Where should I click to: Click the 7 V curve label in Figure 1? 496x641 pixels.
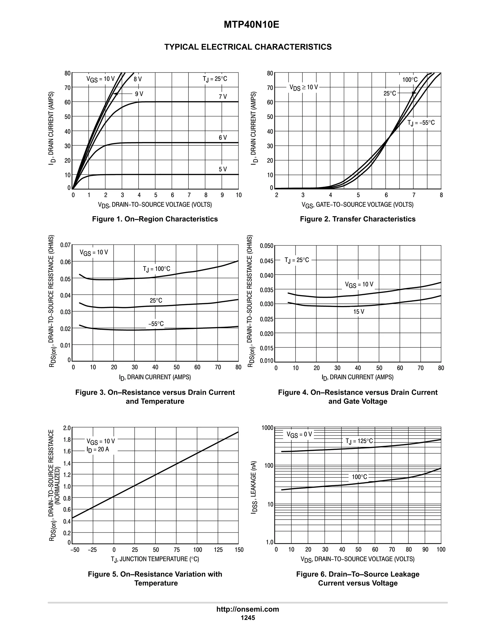click(x=223, y=97)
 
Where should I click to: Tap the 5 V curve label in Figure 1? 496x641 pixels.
click(x=223, y=169)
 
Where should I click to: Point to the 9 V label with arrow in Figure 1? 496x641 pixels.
click(x=139, y=94)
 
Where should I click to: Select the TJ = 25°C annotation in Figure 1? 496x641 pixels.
click(x=215, y=79)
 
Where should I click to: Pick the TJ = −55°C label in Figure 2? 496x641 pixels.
click(x=421, y=123)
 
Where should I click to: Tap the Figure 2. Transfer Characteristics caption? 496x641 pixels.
click(x=358, y=219)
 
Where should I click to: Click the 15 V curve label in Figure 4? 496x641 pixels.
click(x=358, y=312)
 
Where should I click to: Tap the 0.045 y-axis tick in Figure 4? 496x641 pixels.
click(x=266, y=261)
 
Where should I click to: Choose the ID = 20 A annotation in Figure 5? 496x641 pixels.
click(x=98, y=449)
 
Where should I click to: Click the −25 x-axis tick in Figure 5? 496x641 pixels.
click(x=92, y=550)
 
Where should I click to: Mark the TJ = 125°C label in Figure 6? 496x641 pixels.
click(x=359, y=441)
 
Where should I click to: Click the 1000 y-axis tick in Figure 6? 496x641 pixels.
click(x=267, y=428)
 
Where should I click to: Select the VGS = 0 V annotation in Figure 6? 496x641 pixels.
click(x=299, y=434)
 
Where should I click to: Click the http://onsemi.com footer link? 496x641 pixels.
click(x=248, y=609)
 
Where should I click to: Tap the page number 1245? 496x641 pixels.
click(x=248, y=618)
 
